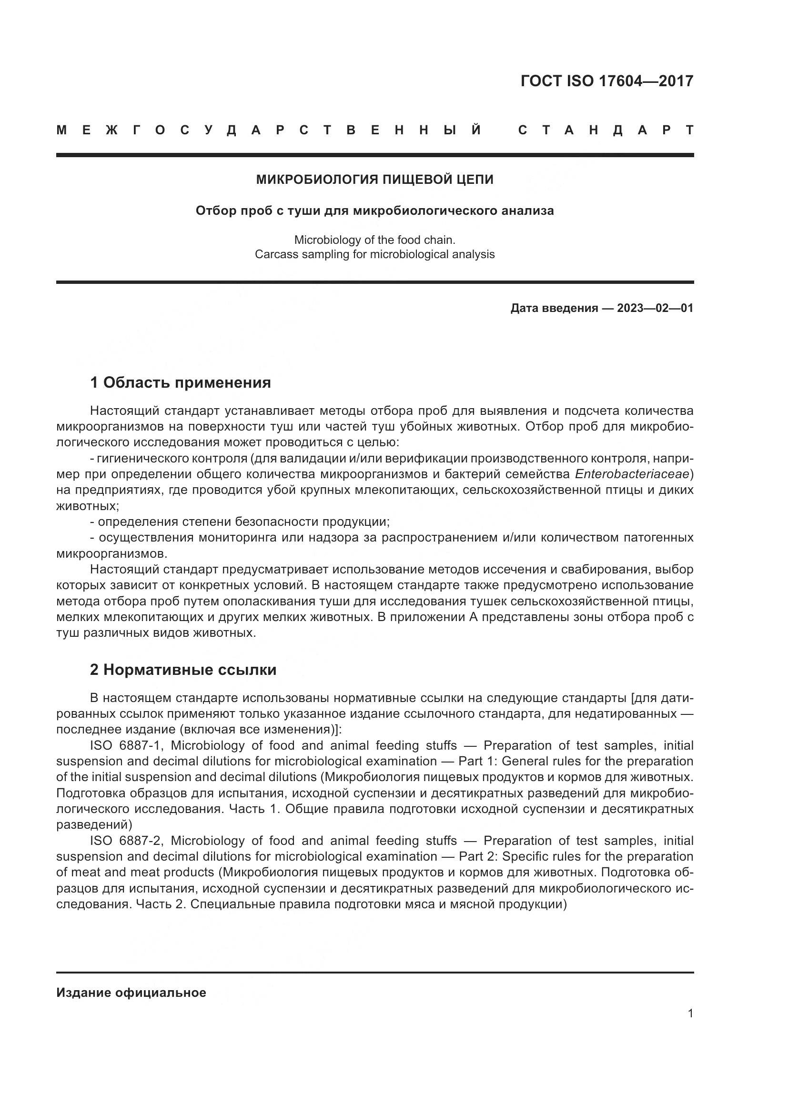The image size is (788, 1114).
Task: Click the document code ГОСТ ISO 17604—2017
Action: (606, 81)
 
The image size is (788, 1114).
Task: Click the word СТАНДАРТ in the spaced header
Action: (606, 130)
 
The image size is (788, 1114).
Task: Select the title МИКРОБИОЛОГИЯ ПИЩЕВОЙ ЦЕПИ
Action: (374, 180)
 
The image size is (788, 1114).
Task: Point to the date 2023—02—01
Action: (655, 308)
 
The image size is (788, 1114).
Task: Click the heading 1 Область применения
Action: (181, 383)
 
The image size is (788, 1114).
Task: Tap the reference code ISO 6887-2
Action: (127, 841)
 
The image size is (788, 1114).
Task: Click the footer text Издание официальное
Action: (131, 993)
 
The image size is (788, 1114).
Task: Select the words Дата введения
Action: (554, 308)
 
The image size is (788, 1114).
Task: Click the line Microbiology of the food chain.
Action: (374, 240)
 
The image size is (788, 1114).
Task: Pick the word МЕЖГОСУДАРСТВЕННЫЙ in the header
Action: (269, 130)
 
